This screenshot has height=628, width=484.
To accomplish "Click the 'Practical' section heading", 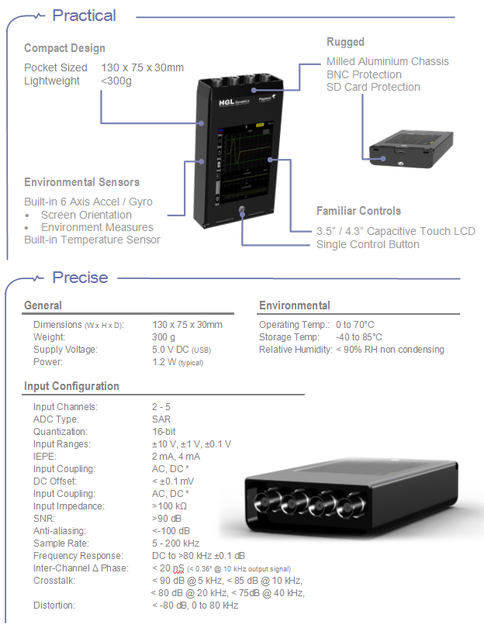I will pos(84,16).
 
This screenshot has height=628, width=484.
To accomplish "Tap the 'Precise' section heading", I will pos(80,278).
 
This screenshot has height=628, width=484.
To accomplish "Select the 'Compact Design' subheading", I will pos(64,48).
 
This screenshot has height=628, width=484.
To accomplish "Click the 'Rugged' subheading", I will pos(345,42).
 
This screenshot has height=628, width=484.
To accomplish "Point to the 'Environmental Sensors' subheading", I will pos(82,182).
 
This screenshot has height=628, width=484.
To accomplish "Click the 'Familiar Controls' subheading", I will pos(358,211).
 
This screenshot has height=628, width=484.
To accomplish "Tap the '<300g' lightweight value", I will pos(116,81).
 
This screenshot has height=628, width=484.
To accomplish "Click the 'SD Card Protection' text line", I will pos(373,87).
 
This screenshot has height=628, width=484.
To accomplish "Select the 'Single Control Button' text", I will pos(368,244).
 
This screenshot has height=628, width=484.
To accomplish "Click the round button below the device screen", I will pos(243,210).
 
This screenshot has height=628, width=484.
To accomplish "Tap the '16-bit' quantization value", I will pos(164,432).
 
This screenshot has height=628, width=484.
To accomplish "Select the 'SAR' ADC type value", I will pos(161,419).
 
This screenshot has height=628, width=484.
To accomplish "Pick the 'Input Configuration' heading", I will pos(71,386).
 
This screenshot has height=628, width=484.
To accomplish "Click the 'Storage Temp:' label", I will pos(289,337).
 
